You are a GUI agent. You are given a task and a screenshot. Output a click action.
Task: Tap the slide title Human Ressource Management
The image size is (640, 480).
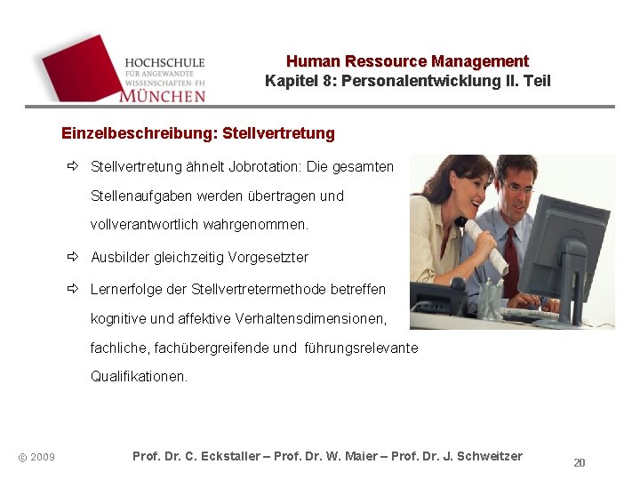pos(407,61)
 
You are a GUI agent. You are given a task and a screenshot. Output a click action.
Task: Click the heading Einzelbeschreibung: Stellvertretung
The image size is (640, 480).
pos(198,133)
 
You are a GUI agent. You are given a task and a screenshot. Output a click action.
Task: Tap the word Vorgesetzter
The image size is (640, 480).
pos(268,257)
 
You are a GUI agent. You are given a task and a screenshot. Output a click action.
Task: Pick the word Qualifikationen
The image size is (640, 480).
pos(139,376)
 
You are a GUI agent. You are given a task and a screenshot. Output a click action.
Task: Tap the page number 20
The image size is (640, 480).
pos(580,462)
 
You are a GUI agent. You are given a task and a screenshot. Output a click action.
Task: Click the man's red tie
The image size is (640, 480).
pos(511,250)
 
